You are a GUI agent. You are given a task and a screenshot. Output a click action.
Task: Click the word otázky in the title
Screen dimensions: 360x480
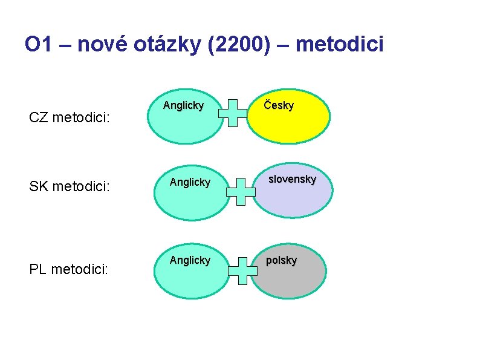(166, 45)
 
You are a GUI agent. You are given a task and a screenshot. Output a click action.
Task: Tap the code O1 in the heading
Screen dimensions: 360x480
(39, 45)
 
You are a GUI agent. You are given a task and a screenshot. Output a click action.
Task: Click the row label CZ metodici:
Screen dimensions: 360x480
(69, 116)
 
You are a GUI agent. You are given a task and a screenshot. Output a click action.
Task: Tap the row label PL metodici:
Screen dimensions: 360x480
(69, 267)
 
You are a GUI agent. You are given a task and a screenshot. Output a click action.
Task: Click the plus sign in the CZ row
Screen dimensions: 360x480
(233, 113)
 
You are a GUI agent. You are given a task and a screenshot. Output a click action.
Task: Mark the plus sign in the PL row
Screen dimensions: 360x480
(244, 270)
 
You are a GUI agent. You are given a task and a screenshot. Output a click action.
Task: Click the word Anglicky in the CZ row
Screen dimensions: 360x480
(183, 105)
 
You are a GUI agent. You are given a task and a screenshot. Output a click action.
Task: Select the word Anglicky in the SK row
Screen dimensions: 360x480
(190, 182)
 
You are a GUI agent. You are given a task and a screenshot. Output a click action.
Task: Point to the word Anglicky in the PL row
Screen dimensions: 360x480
(190, 260)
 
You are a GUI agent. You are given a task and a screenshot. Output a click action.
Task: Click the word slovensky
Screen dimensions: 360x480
(293, 179)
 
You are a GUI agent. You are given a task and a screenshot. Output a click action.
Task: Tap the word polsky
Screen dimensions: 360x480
(282, 260)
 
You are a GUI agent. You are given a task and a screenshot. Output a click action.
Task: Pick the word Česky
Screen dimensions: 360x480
(279, 105)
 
